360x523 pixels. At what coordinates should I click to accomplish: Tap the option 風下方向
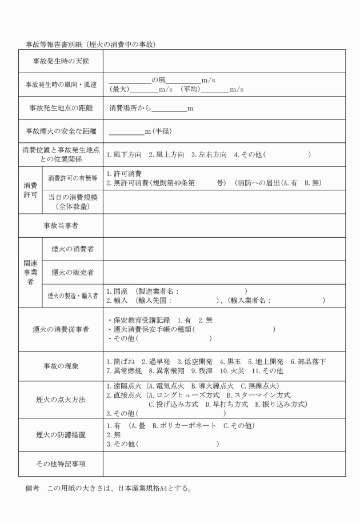127,155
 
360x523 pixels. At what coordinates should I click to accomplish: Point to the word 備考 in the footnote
33,489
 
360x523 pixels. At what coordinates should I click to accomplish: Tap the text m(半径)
155,131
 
